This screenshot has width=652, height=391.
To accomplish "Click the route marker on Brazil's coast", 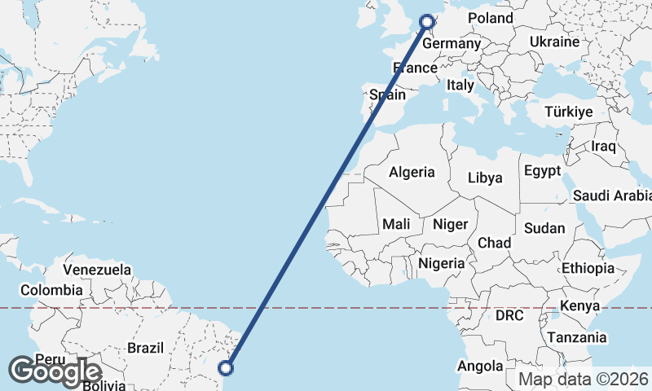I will (x=227, y=368).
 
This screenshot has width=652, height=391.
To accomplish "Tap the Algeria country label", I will (x=412, y=173).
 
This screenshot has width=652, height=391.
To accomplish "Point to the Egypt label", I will (x=542, y=171).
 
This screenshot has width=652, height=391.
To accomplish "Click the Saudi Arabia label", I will (x=612, y=195).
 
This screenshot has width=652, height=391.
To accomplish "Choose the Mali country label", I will (x=396, y=223).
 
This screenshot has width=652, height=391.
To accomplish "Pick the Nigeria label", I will (x=441, y=263).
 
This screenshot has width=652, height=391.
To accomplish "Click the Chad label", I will (x=494, y=243).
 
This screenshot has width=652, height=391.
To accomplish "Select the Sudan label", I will (x=543, y=228).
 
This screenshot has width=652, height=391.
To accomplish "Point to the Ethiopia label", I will (x=588, y=268).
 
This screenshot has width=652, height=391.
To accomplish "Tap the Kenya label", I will (x=579, y=306).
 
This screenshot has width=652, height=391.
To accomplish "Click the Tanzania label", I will (x=577, y=337).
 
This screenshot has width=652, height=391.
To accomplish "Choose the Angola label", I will (x=480, y=367).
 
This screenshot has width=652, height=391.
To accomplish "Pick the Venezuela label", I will (x=97, y=269).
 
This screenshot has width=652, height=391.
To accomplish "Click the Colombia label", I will (x=51, y=290).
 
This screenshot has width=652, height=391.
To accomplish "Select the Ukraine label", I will (x=554, y=42).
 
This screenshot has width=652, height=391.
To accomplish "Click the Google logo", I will (x=55, y=371).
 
